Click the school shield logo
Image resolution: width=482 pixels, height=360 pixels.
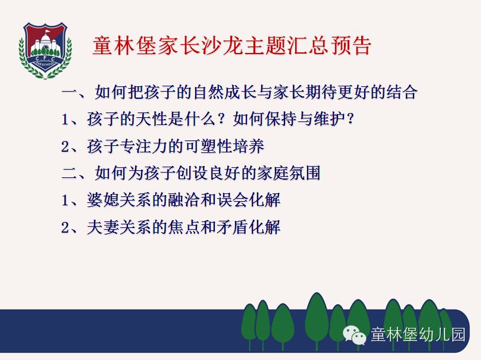tap(45, 51)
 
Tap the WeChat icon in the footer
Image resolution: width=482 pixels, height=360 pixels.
tap(355, 334)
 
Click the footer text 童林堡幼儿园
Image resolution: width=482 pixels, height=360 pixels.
tap(418, 334)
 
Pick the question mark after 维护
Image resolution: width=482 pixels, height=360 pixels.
tap(350, 118)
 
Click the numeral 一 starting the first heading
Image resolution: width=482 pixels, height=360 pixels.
tap(70, 92)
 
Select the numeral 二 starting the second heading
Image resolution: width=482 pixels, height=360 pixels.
tap(70, 173)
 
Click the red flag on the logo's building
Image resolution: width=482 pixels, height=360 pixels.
tap(47, 32)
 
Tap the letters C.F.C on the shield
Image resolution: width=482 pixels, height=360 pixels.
tap(45, 59)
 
